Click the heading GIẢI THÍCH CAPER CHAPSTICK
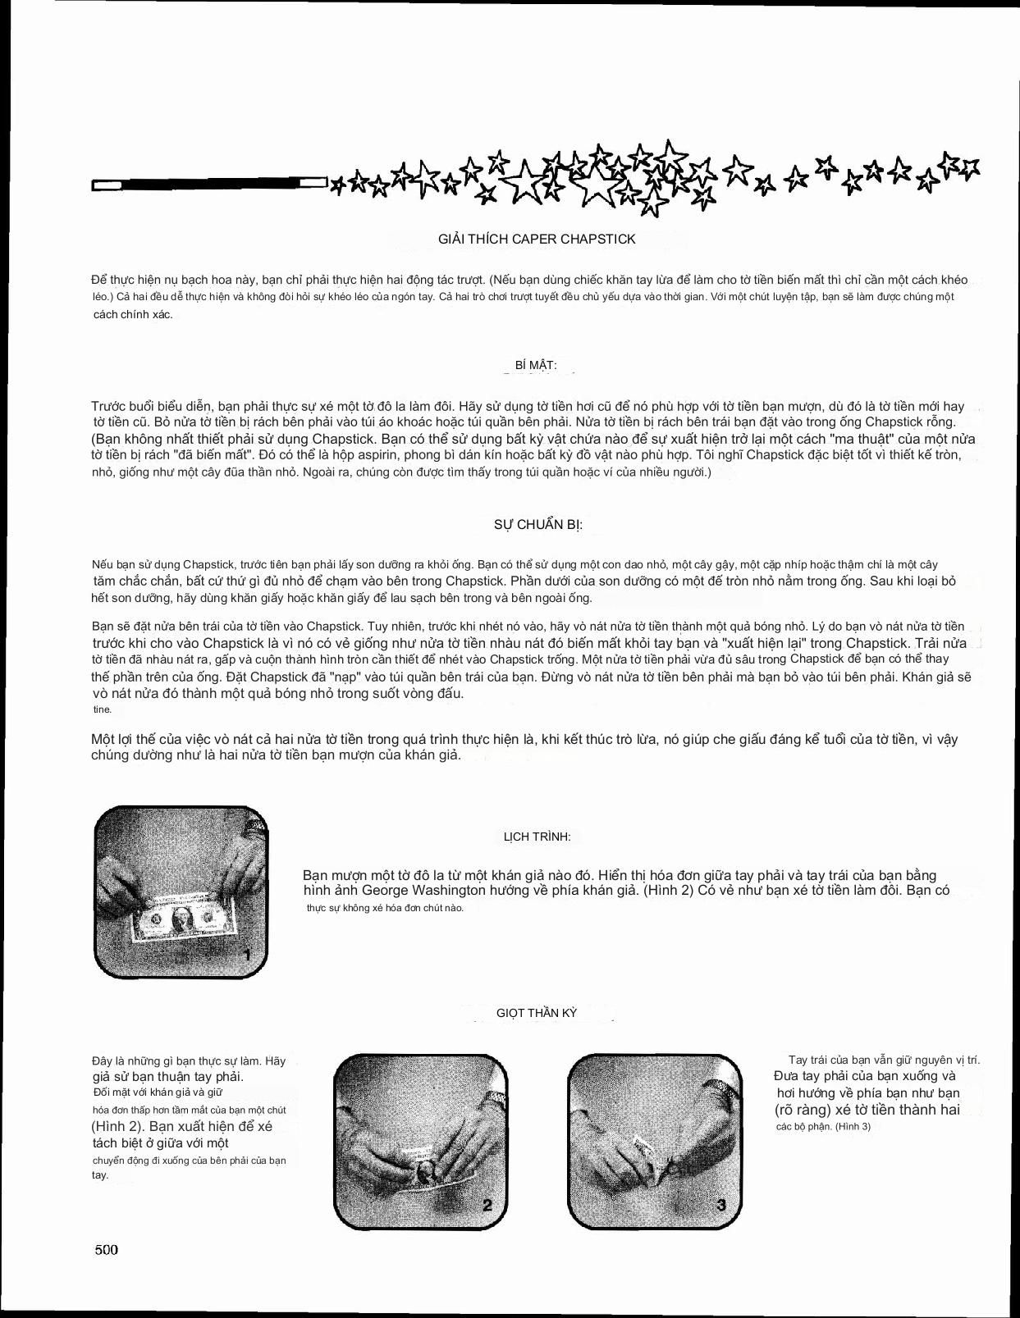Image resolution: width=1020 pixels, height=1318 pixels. pos(537,239)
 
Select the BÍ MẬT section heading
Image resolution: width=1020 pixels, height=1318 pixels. pos(536,365)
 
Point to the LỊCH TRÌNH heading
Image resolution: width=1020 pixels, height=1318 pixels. pos(537,837)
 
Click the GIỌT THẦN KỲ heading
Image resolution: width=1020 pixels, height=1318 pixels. pos(537,1013)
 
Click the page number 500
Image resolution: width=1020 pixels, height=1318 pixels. pos(107,1249)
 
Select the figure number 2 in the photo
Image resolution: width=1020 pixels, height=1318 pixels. pos(487,1205)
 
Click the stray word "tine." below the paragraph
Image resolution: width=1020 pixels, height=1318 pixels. pos(102,709)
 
